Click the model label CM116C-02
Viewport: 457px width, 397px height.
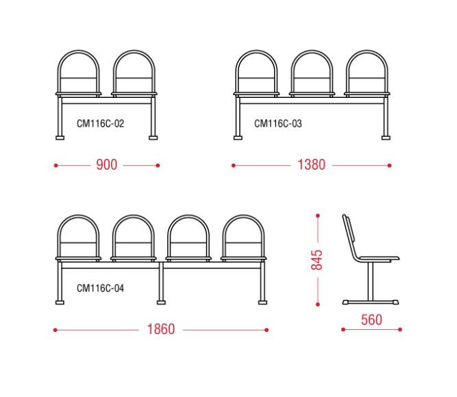point(100,123)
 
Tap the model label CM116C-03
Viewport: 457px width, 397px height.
point(278,123)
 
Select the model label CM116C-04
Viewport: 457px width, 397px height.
point(100,288)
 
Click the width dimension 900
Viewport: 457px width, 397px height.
point(107,164)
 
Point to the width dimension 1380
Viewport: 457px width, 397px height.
point(311,164)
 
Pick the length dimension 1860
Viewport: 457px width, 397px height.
point(161,329)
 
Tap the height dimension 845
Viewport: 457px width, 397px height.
point(317,260)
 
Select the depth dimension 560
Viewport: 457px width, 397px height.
point(371,320)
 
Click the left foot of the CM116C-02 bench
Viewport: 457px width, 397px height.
point(60,138)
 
